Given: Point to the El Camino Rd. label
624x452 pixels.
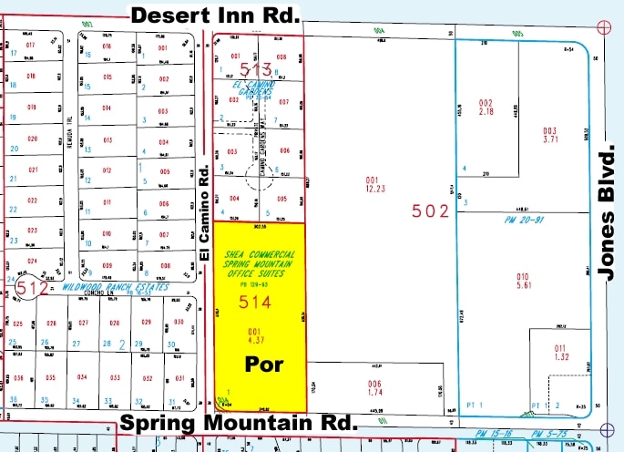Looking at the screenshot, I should click(205, 215).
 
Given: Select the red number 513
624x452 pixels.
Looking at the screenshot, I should click(257, 70).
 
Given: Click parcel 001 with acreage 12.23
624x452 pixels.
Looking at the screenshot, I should click(371, 185).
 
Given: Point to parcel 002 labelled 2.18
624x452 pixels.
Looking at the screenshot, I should click(486, 107).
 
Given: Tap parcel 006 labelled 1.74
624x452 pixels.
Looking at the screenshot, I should click(373, 386).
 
